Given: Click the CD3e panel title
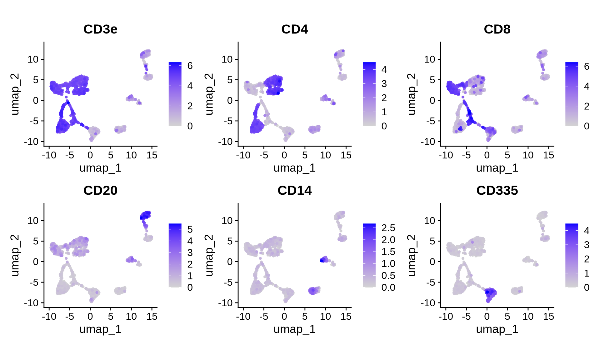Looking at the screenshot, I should click(x=100, y=29).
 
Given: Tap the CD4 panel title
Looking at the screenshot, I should click(x=294, y=29).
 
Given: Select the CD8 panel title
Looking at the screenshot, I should click(x=497, y=29).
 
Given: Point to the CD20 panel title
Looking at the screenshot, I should click(x=100, y=191).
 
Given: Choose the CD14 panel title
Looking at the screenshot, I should click(x=294, y=191).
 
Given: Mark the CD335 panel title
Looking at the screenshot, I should click(x=497, y=191).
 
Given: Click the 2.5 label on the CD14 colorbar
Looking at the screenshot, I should click(x=388, y=228).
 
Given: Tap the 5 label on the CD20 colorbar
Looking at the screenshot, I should click(x=190, y=230).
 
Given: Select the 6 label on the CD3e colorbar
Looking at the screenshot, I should click(x=190, y=66).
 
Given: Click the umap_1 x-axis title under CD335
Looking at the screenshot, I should click(x=497, y=329).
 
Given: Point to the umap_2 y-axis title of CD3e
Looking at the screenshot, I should click(x=15, y=94).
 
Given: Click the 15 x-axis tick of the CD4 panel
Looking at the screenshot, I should click(x=346, y=155).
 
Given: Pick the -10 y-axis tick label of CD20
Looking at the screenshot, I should click(x=32, y=303).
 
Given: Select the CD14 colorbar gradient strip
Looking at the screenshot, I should click(x=369, y=255).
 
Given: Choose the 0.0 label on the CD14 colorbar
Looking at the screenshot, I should click(x=388, y=287).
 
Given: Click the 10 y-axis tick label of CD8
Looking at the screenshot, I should click(x=430, y=59).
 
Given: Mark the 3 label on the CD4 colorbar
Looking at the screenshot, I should click(x=384, y=84).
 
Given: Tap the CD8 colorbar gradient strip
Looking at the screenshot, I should click(x=572, y=94).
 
